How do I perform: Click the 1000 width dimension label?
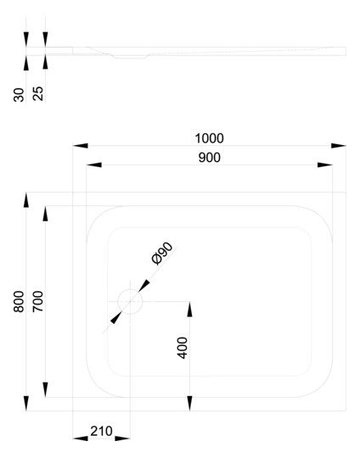[x=209, y=138]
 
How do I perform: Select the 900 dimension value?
[x=210, y=158]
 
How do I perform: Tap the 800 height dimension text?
[x=19, y=301]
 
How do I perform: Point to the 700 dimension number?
[x=37, y=301]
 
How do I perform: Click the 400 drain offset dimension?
[x=183, y=348]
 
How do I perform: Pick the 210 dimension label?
[x=101, y=431]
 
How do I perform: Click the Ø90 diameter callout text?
[x=162, y=254]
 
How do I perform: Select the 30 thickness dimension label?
[x=19, y=95]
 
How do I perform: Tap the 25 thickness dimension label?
[x=38, y=93]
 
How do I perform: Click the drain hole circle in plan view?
[x=130, y=289]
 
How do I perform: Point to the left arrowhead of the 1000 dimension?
[x=81, y=146]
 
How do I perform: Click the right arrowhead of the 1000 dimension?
[x=339, y=146]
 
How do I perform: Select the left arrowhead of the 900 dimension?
[x=94, y=165]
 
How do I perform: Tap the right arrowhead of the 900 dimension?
[x=325, y=165]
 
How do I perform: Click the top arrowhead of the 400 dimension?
[x=190, y=309]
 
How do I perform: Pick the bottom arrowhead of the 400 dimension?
[x=190, y=404]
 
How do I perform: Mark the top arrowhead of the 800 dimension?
[x=26, y=200]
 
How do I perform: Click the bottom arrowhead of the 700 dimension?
[x=45, y=389]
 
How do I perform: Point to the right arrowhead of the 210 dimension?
[x=122, y=438]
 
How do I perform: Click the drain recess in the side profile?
[x=130, y=57]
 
